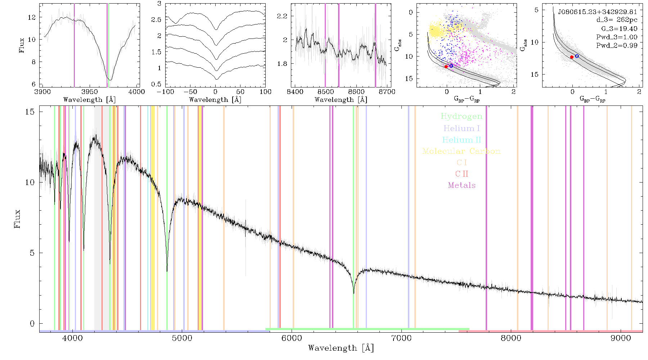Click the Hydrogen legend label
461,116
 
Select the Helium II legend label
462,140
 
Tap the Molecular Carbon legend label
462,151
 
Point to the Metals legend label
462,185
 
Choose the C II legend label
462,174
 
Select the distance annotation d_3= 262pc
617,20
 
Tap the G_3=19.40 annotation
619,28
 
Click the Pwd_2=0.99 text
617,45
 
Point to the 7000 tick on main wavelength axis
401,338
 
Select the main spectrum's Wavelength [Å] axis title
341,348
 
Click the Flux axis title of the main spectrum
17,218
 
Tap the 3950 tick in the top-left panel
90,91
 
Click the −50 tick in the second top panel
190,91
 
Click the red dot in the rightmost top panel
572,57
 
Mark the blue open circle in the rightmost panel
577,56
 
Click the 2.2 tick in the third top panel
283,16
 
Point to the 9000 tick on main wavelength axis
620,338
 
